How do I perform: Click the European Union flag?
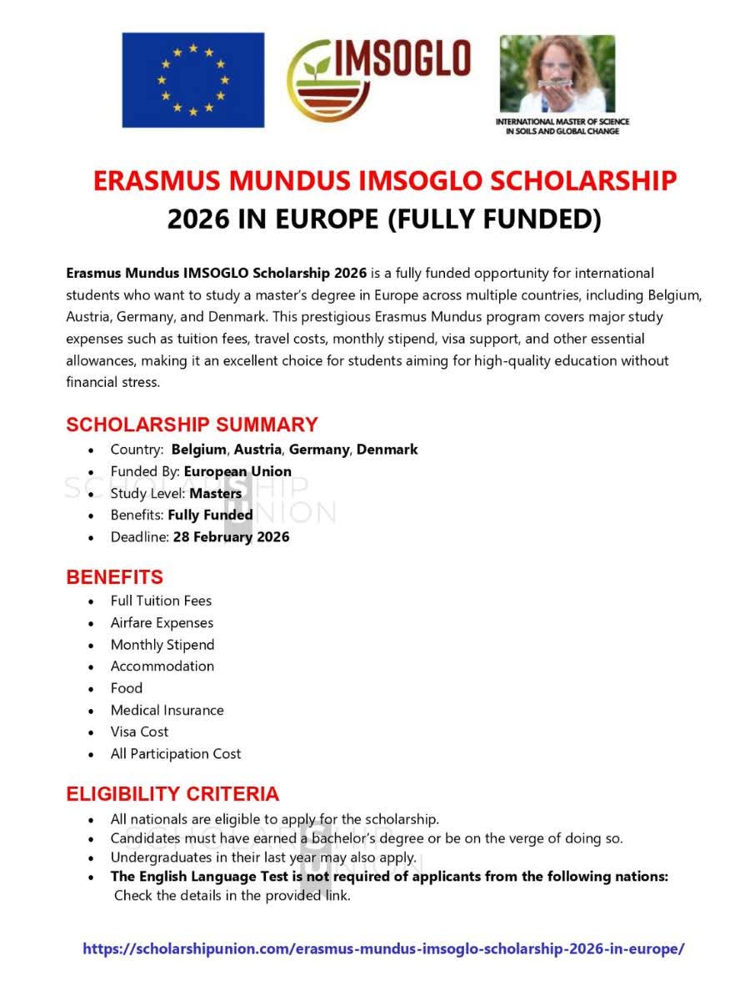click(192, 80)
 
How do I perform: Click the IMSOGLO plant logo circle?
click(321, 81)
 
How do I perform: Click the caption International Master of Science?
click(562, 122)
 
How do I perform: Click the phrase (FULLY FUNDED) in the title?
click(494, 219)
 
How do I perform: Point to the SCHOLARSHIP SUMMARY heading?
click(192, 424)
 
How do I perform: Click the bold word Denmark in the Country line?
click(387, 450)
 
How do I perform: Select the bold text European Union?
click(237, 471)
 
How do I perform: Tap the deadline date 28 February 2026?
click(231, 537)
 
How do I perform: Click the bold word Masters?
click(215, 493)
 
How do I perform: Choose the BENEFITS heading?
click(115, 577)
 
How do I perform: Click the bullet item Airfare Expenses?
click(162, 623)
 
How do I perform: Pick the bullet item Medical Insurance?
click(167, 711)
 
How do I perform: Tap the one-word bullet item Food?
click(127, 688)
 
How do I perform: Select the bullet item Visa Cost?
click(139, 732)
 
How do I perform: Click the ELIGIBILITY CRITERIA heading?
click(172, 793)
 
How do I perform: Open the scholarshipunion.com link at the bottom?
click(383, 949)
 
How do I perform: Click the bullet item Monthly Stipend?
click(162, 645)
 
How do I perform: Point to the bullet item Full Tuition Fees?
click(161, 601)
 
